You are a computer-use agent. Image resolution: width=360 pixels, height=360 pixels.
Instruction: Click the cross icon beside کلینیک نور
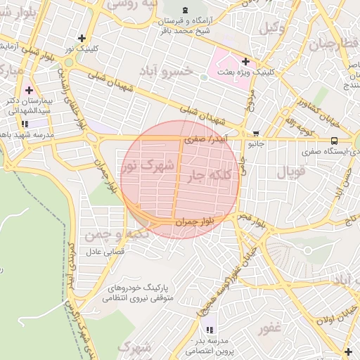coord(82,38)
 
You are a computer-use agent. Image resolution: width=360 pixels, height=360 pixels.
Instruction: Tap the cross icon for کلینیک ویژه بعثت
coord(245,61)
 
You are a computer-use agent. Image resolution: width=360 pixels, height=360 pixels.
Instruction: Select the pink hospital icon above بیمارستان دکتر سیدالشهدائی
coord(29,90)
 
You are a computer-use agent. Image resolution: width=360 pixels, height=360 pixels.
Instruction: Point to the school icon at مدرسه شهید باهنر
coord(25,124)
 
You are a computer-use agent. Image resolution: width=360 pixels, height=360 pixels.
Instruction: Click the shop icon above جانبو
coord(256,134)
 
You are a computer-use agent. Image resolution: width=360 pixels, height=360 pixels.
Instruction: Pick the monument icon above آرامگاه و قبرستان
coord(185,9)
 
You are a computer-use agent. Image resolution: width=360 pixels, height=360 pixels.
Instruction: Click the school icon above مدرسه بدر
coord(209,329)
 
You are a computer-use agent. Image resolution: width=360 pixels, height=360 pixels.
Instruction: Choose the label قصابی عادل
coord(104,251)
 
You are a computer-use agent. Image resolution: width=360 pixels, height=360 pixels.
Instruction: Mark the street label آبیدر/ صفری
coord(206,140)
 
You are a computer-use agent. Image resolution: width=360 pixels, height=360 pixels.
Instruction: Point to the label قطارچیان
coord(328,44)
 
